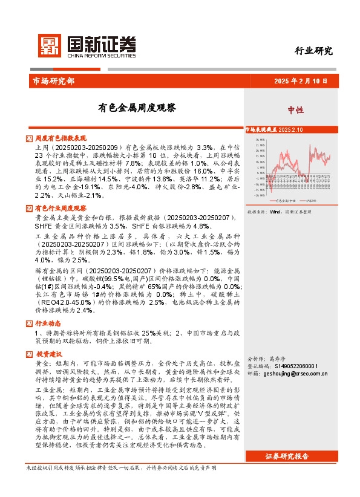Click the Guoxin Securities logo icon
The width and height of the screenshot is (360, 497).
click(x=50, y=45)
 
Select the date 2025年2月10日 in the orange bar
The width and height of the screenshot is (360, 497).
click(x=301, y=80)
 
